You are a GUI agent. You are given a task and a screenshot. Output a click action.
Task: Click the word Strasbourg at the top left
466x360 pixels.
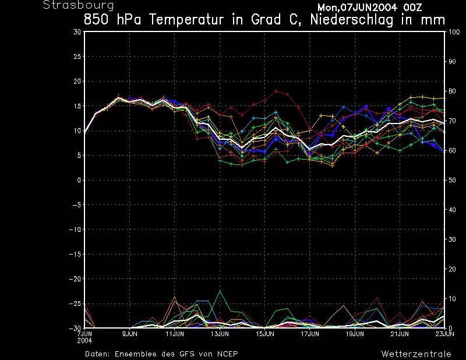tap(70, 5)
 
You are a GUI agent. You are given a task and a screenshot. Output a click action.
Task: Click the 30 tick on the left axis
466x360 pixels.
tap(77, 32)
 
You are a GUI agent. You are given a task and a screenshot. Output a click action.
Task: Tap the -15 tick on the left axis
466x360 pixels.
tap(75, 254)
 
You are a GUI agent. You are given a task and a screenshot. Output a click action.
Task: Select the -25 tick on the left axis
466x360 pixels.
tap(75, 303)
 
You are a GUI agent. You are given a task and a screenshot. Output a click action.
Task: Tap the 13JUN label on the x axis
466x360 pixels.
tap(220, 334)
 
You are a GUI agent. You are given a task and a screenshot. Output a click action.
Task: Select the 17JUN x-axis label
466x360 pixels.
tap(310, 334)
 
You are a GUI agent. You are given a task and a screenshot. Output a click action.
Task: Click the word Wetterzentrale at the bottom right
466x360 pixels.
tap(416, 354)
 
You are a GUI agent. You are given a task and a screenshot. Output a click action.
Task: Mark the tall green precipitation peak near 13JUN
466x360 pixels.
tap(220, 290)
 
